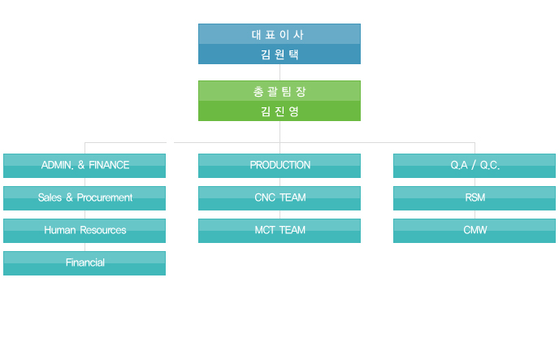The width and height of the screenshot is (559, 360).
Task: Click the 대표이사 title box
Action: pyautogui.click(x=279, y=34)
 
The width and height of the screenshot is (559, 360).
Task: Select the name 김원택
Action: pyautogui.click(x=279, y=54)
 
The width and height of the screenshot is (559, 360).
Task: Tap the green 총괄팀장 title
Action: pyautogui.click(x=279, y=91)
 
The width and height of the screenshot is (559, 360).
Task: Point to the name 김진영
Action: pyautogui.click(x=279, y=111)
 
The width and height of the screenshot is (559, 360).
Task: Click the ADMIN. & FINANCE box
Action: pyautogui.click(x=84, y=166)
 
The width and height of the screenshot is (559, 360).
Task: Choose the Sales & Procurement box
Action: pyautogui.click(x=84, y=198)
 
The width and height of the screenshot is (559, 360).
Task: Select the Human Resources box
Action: pyautogui.click(x=84, y=231)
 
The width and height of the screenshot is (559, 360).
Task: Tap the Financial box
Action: pyautogui.click(x=84, y=263)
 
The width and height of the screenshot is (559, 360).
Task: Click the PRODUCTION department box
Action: pyautogui.click(x=279, y=166)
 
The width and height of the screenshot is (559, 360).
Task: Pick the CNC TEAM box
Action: pyautogui.click(x=279, y=198)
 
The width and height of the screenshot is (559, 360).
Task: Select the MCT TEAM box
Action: pyautogui.click(x=279, y=231)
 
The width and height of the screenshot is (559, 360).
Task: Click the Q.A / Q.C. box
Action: pyautogui.click(x=474, y=166)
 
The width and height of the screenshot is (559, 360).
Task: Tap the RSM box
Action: pyautogui.click(x=474, y=198)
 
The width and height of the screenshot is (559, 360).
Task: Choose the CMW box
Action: pyautogui.click(x=474, y=231)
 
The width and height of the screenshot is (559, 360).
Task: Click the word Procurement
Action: pyautogui.click(x=105, y=197)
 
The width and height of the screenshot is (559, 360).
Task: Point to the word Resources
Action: pyautogui.click(x=103, y=230)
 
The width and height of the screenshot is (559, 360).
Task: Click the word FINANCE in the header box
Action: pyautogui.click(x=109, y=165)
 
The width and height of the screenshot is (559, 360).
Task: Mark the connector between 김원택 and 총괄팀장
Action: pyautogui.click(x=279, y=72)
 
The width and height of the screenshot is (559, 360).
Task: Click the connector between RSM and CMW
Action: pyautogui.click(x=474, y=215)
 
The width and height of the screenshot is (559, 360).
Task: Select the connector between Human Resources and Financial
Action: pyautogui.click(x=84, y=247)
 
